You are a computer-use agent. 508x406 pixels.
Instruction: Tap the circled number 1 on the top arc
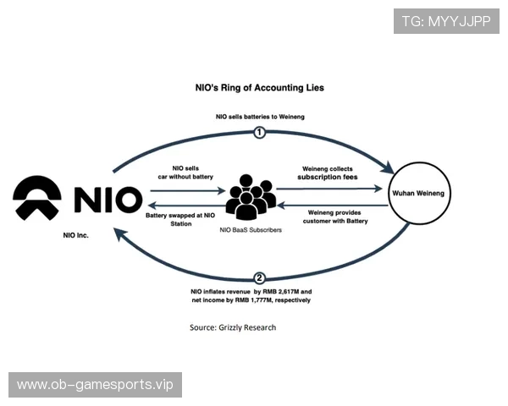point(260,132)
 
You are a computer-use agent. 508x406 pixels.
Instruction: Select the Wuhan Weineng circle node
point(420,194)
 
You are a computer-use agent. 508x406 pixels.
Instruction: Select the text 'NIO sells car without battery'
point(186,174)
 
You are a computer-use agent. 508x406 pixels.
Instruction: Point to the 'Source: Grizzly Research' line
point(233,327)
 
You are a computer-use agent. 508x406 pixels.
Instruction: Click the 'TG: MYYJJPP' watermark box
point(446,19)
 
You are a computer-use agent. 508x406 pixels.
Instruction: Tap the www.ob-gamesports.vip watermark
point(94,385)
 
